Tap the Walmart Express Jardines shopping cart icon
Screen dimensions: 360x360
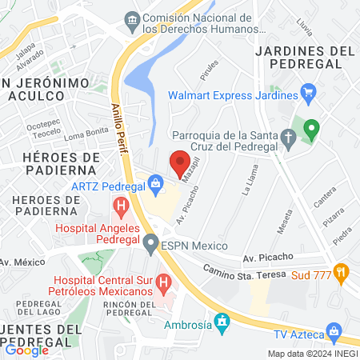click(309, 95)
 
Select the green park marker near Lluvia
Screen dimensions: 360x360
click(311, 128)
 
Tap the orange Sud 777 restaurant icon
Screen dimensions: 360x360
click(342, 272)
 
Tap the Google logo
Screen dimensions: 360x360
click(26, 350)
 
